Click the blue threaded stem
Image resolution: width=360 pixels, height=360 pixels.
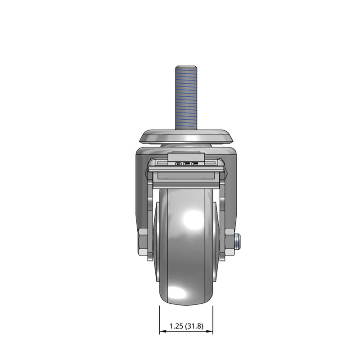[x=186, y=98]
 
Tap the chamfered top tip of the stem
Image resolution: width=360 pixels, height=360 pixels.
[x=186, y=67]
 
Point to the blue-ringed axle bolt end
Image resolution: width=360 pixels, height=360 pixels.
[x=237, y=242]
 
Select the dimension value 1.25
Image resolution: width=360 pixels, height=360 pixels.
[x=176, y=326]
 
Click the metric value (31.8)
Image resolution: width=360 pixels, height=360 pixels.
[x=194, y=326]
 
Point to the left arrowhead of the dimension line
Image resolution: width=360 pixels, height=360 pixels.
[x=162, y=331]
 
